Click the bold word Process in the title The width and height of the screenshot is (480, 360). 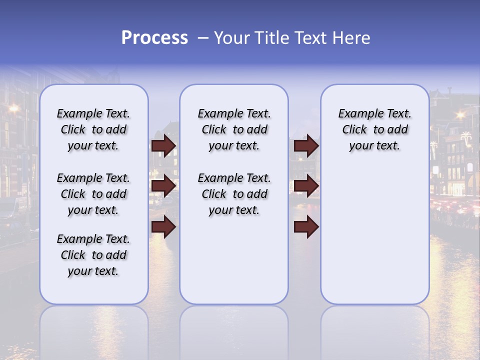tap(154, 38)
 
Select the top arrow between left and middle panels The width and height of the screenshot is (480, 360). tap(163, 145)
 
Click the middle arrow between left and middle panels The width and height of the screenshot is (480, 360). tap(163, 186)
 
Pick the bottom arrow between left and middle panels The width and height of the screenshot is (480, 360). tap(163, 227)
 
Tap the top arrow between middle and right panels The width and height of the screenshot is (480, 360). tap(306, 145)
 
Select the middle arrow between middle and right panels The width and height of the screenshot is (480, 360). tap(306, 186)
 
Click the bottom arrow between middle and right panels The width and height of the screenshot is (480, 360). tap(306, 227)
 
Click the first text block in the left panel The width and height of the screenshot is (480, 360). tap(93, 129)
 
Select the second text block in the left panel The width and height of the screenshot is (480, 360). tap(93, 194)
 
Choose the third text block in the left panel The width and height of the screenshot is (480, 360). tap(93, 255)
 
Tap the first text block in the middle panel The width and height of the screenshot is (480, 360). tap(234, 129)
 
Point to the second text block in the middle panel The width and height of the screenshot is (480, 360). tap(234, 194)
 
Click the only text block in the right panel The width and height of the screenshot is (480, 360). tap(374, 129)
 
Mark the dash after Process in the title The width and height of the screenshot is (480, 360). tap(202, 38)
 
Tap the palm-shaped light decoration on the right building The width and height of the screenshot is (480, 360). tap(466, 138)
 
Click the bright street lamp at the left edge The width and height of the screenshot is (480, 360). tap(13, 108)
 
